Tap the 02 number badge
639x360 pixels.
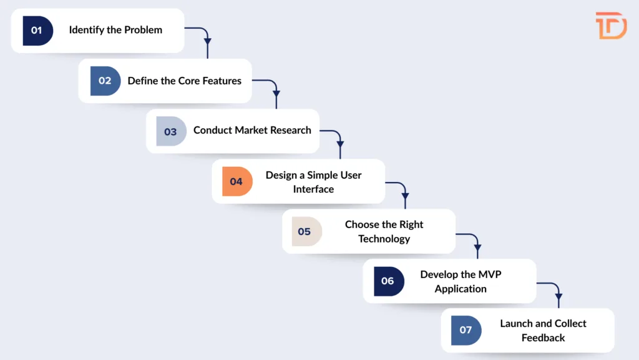point(105,81)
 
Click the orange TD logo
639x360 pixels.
point(611,26)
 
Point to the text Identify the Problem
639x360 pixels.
point(115,30)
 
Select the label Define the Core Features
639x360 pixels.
point(184,81)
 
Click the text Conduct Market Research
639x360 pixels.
point(252,131)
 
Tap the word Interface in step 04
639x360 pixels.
point(313,189)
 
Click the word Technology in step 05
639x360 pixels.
point(384,239)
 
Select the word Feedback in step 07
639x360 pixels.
point(543,337)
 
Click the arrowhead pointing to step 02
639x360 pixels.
point(208,54)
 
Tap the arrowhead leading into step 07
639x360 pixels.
point(558,304)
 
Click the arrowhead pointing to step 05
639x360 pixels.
point(405,204)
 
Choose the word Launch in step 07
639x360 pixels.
point(516,324)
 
